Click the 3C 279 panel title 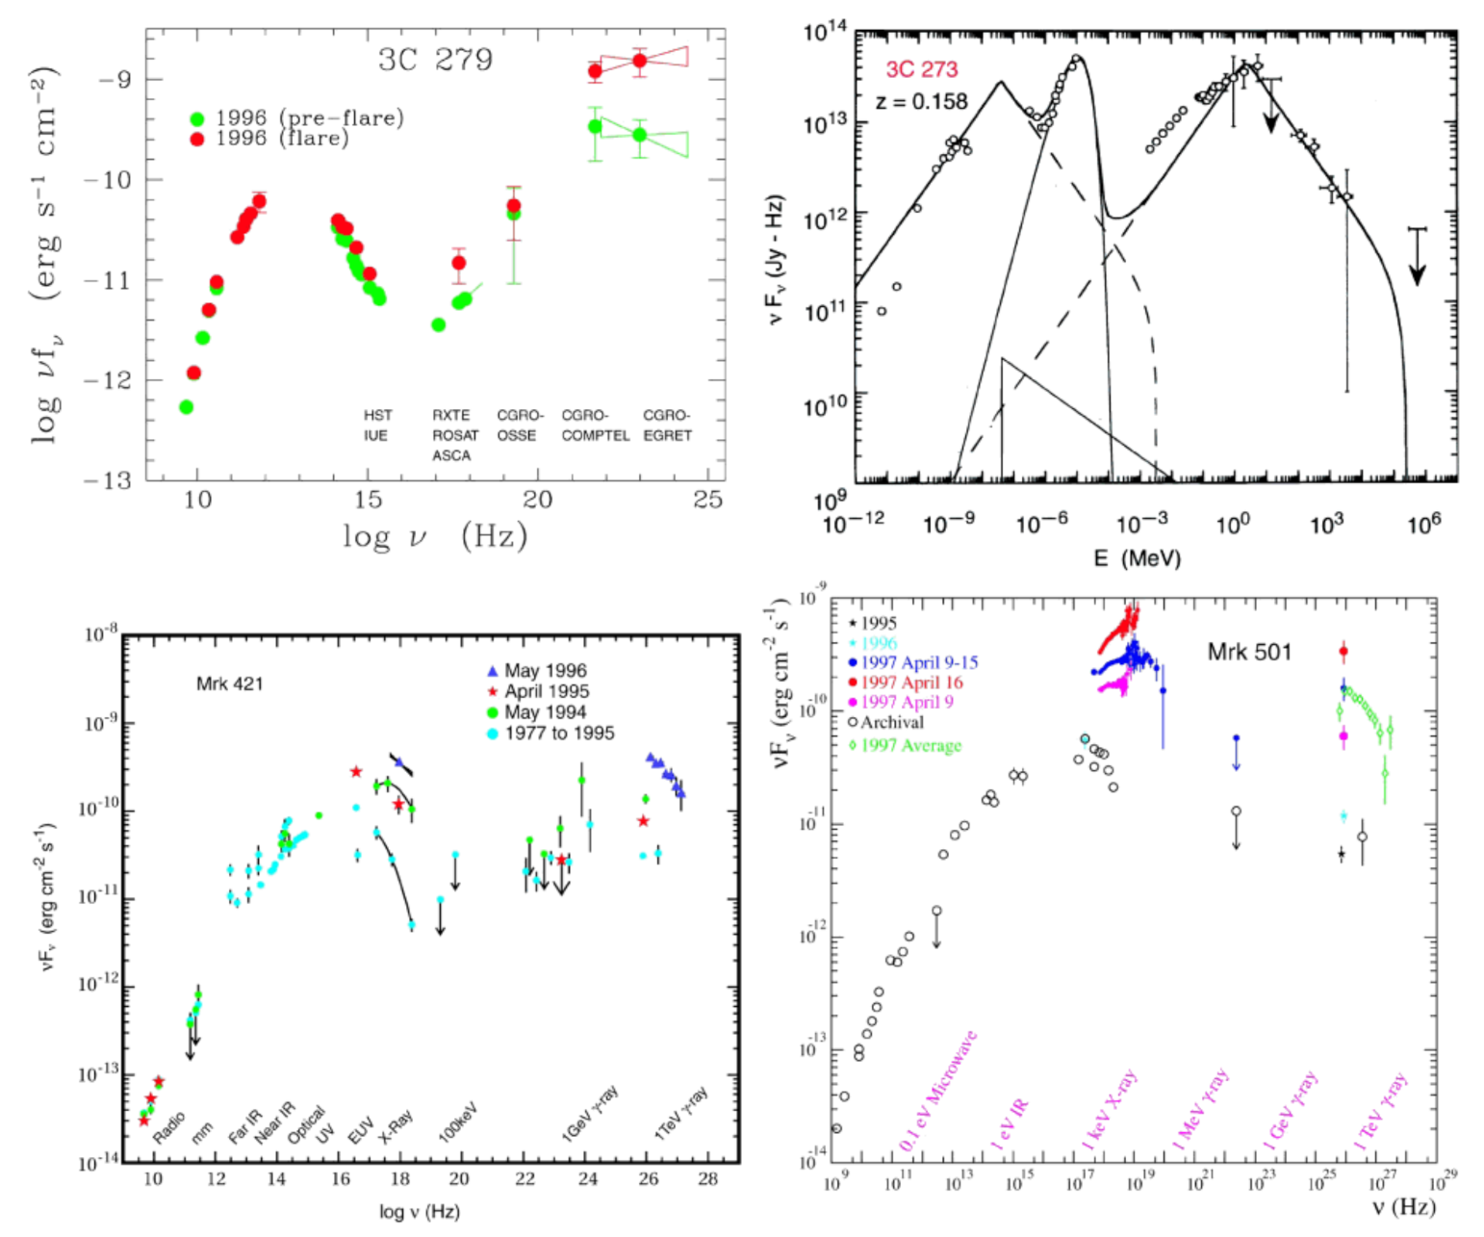click(435, 60)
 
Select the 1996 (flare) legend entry click(281, 139)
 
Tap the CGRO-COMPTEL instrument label click(595, 425)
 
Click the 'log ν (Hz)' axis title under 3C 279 click(435, 535)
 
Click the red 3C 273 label click(921, 70)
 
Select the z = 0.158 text click(921, 101)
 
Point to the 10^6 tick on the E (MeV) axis click(1424, 523)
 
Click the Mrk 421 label click(229, 684)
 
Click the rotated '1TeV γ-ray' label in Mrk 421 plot click(681, 1114)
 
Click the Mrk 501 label click(1249, 653)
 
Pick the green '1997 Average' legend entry click(910, 746)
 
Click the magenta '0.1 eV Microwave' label click(938, 1091)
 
